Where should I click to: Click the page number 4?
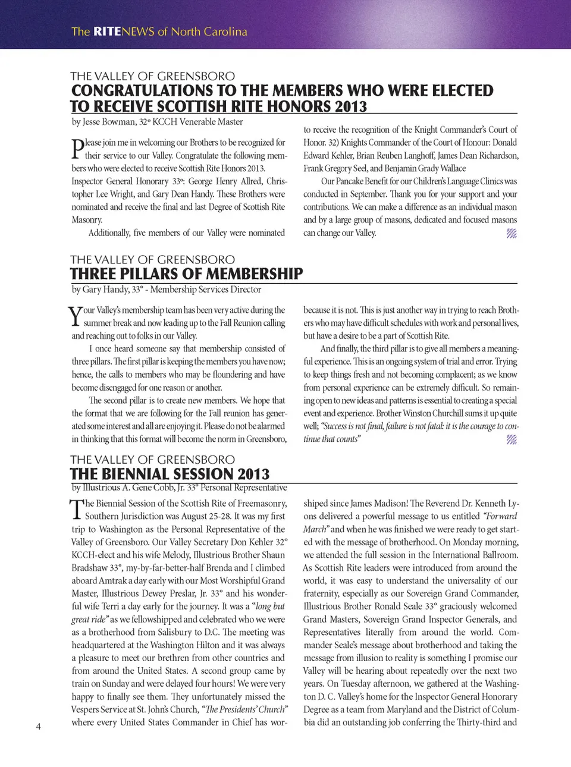click(39, 726)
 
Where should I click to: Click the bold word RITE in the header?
click(107, 32)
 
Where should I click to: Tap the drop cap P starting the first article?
click(77, 149)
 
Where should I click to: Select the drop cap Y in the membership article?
click(75, 316)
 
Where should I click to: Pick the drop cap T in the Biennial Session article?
click(77, 510)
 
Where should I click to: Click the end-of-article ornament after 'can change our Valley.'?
click(512, 233)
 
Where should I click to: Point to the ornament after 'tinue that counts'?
click(512, 439)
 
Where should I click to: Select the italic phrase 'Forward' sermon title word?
click(500, 516)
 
